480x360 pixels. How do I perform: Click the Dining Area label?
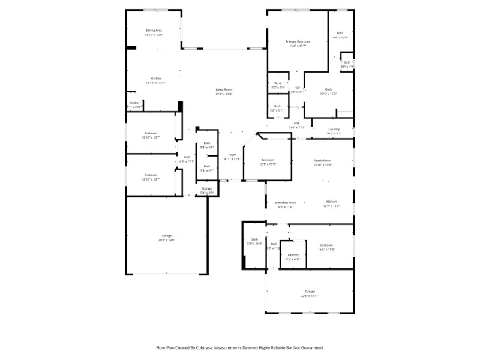154,30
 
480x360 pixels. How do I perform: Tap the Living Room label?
224,89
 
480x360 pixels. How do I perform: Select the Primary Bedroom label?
298,41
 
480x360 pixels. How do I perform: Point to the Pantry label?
134,103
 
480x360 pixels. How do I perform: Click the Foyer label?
232,155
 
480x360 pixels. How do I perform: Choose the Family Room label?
323,160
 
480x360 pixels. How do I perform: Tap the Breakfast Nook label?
285,202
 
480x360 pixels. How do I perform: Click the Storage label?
207,188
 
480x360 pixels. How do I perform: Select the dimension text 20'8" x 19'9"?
166,240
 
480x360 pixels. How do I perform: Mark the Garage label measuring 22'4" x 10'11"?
310,292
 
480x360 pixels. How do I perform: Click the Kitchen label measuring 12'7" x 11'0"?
332,202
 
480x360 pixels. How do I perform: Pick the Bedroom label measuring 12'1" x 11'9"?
268,160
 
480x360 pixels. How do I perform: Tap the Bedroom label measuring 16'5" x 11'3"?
326,245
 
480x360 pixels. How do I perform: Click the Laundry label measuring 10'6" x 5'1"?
334,129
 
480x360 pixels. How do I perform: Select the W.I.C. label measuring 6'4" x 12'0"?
340,33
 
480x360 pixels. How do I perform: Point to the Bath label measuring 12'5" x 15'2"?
328,89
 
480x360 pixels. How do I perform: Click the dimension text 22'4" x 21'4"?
224,94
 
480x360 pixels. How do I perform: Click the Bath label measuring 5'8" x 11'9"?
254,239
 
